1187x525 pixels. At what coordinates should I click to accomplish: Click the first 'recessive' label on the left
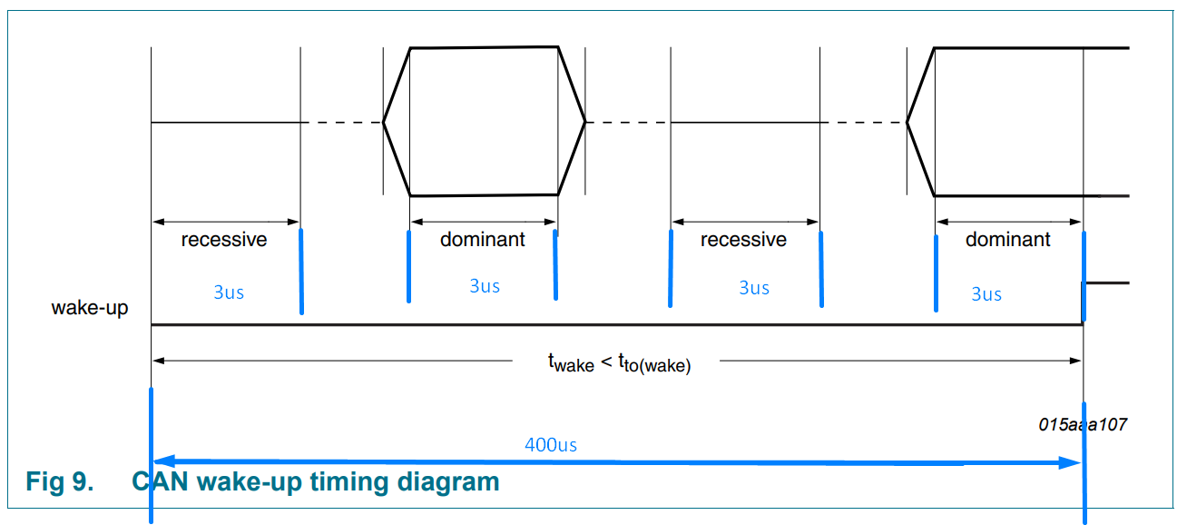pos(224,240)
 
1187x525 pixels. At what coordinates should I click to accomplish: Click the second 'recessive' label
pos(743,240)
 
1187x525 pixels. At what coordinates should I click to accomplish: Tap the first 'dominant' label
pos(482,240)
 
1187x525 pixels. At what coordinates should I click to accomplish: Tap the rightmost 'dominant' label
pos(1007,240)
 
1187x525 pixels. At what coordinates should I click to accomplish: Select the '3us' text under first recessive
pos(229,292)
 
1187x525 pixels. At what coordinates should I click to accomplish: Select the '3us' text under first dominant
pos(485,286)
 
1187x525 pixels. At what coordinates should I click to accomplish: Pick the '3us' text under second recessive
pos(754,288)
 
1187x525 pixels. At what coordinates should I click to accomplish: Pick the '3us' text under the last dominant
pos(986,294)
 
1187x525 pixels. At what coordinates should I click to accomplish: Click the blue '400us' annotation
pos(551,445)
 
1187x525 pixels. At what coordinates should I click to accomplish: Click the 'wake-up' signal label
pos(90,308)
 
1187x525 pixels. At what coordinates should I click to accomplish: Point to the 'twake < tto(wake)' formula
pos(619,363)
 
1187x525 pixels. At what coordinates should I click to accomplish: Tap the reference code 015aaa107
pos(1083,424)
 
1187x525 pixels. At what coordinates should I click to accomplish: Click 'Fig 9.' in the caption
pos(59,480)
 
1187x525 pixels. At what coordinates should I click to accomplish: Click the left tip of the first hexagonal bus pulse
pos(384,122)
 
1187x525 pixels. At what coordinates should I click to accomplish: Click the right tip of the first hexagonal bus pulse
pos(584,122)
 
